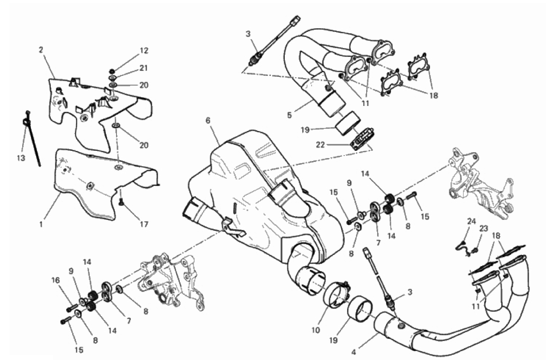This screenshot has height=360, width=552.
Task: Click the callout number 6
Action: tap(208, 120)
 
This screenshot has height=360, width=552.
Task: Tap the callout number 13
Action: tap(21, 158)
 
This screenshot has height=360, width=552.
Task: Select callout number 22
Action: tap(320, 145)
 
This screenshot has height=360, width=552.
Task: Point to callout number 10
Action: tap(316, 330)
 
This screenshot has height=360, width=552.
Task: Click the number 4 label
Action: tap(354, 351)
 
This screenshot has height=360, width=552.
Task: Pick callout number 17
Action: tap(144, 224)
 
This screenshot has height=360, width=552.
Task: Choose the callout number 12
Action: tap(144, 51)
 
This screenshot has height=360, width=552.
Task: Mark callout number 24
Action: tap(472, 222)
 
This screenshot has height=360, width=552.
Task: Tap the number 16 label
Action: tap(55, 280)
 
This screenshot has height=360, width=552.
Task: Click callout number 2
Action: tap(41, 50)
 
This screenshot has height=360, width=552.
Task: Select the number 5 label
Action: tap(289, 115)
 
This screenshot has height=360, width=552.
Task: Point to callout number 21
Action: tap(144, 68)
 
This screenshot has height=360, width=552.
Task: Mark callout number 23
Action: tap(484, 229)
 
